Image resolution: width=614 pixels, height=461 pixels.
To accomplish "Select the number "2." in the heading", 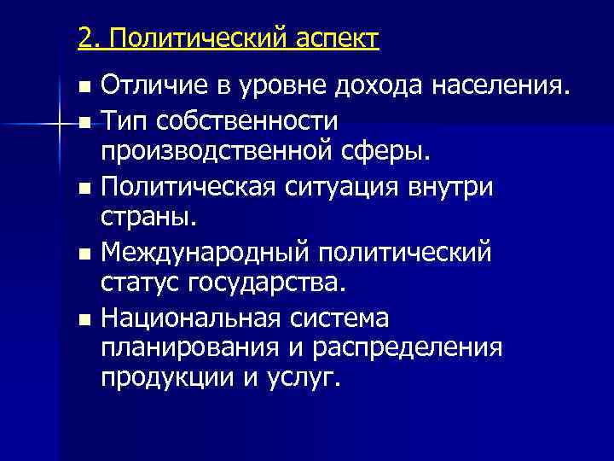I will pos(89,38).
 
